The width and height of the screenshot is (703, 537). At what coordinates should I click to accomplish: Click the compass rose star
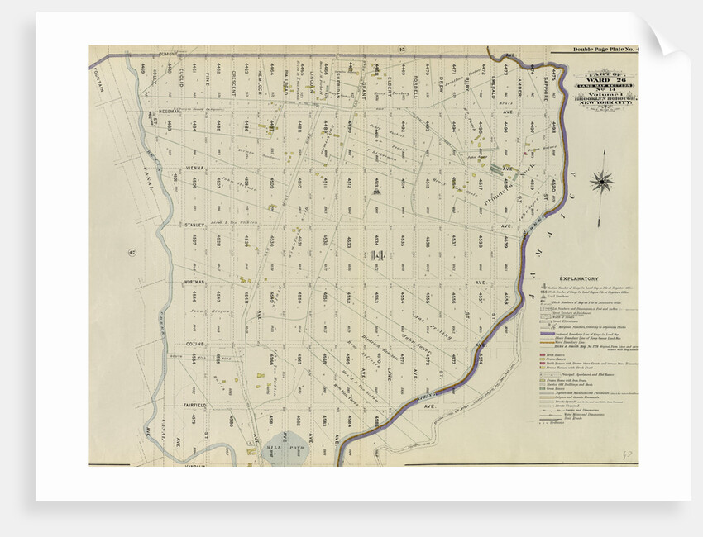603,180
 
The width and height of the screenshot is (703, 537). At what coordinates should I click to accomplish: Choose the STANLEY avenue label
194,225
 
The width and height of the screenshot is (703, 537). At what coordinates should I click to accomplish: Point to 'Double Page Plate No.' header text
605,51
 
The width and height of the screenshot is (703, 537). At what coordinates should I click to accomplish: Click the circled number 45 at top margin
399,50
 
